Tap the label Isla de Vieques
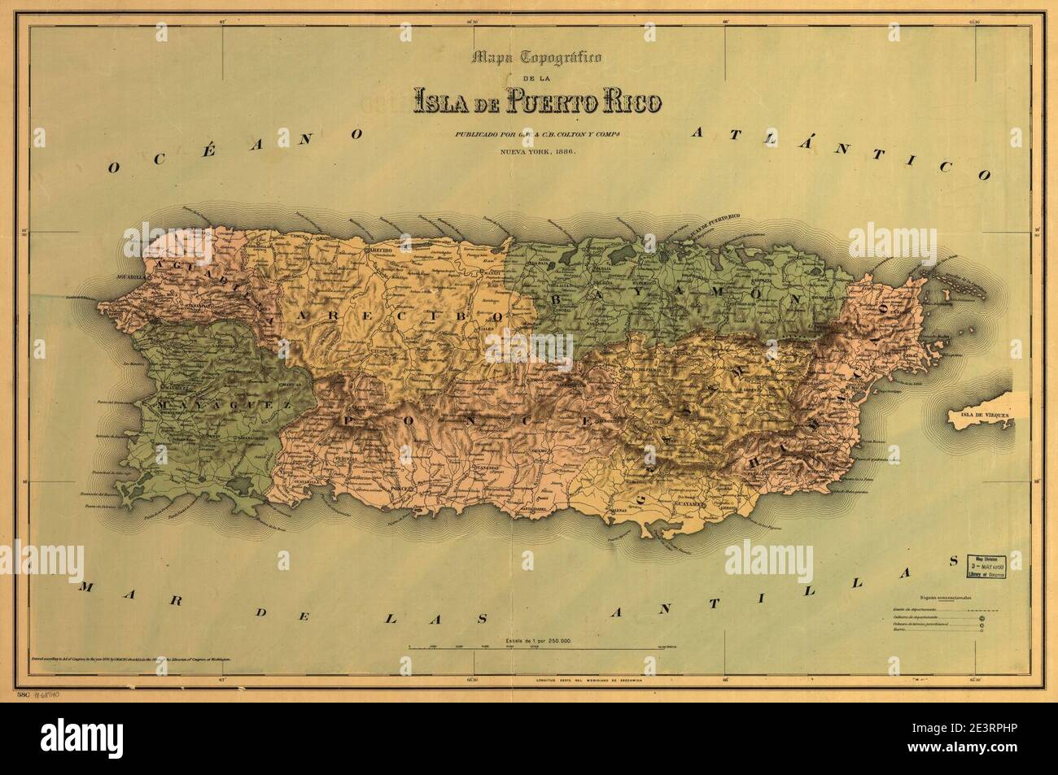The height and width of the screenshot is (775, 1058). point(981,415)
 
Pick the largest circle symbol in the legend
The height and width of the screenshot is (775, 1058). point(982,619)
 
